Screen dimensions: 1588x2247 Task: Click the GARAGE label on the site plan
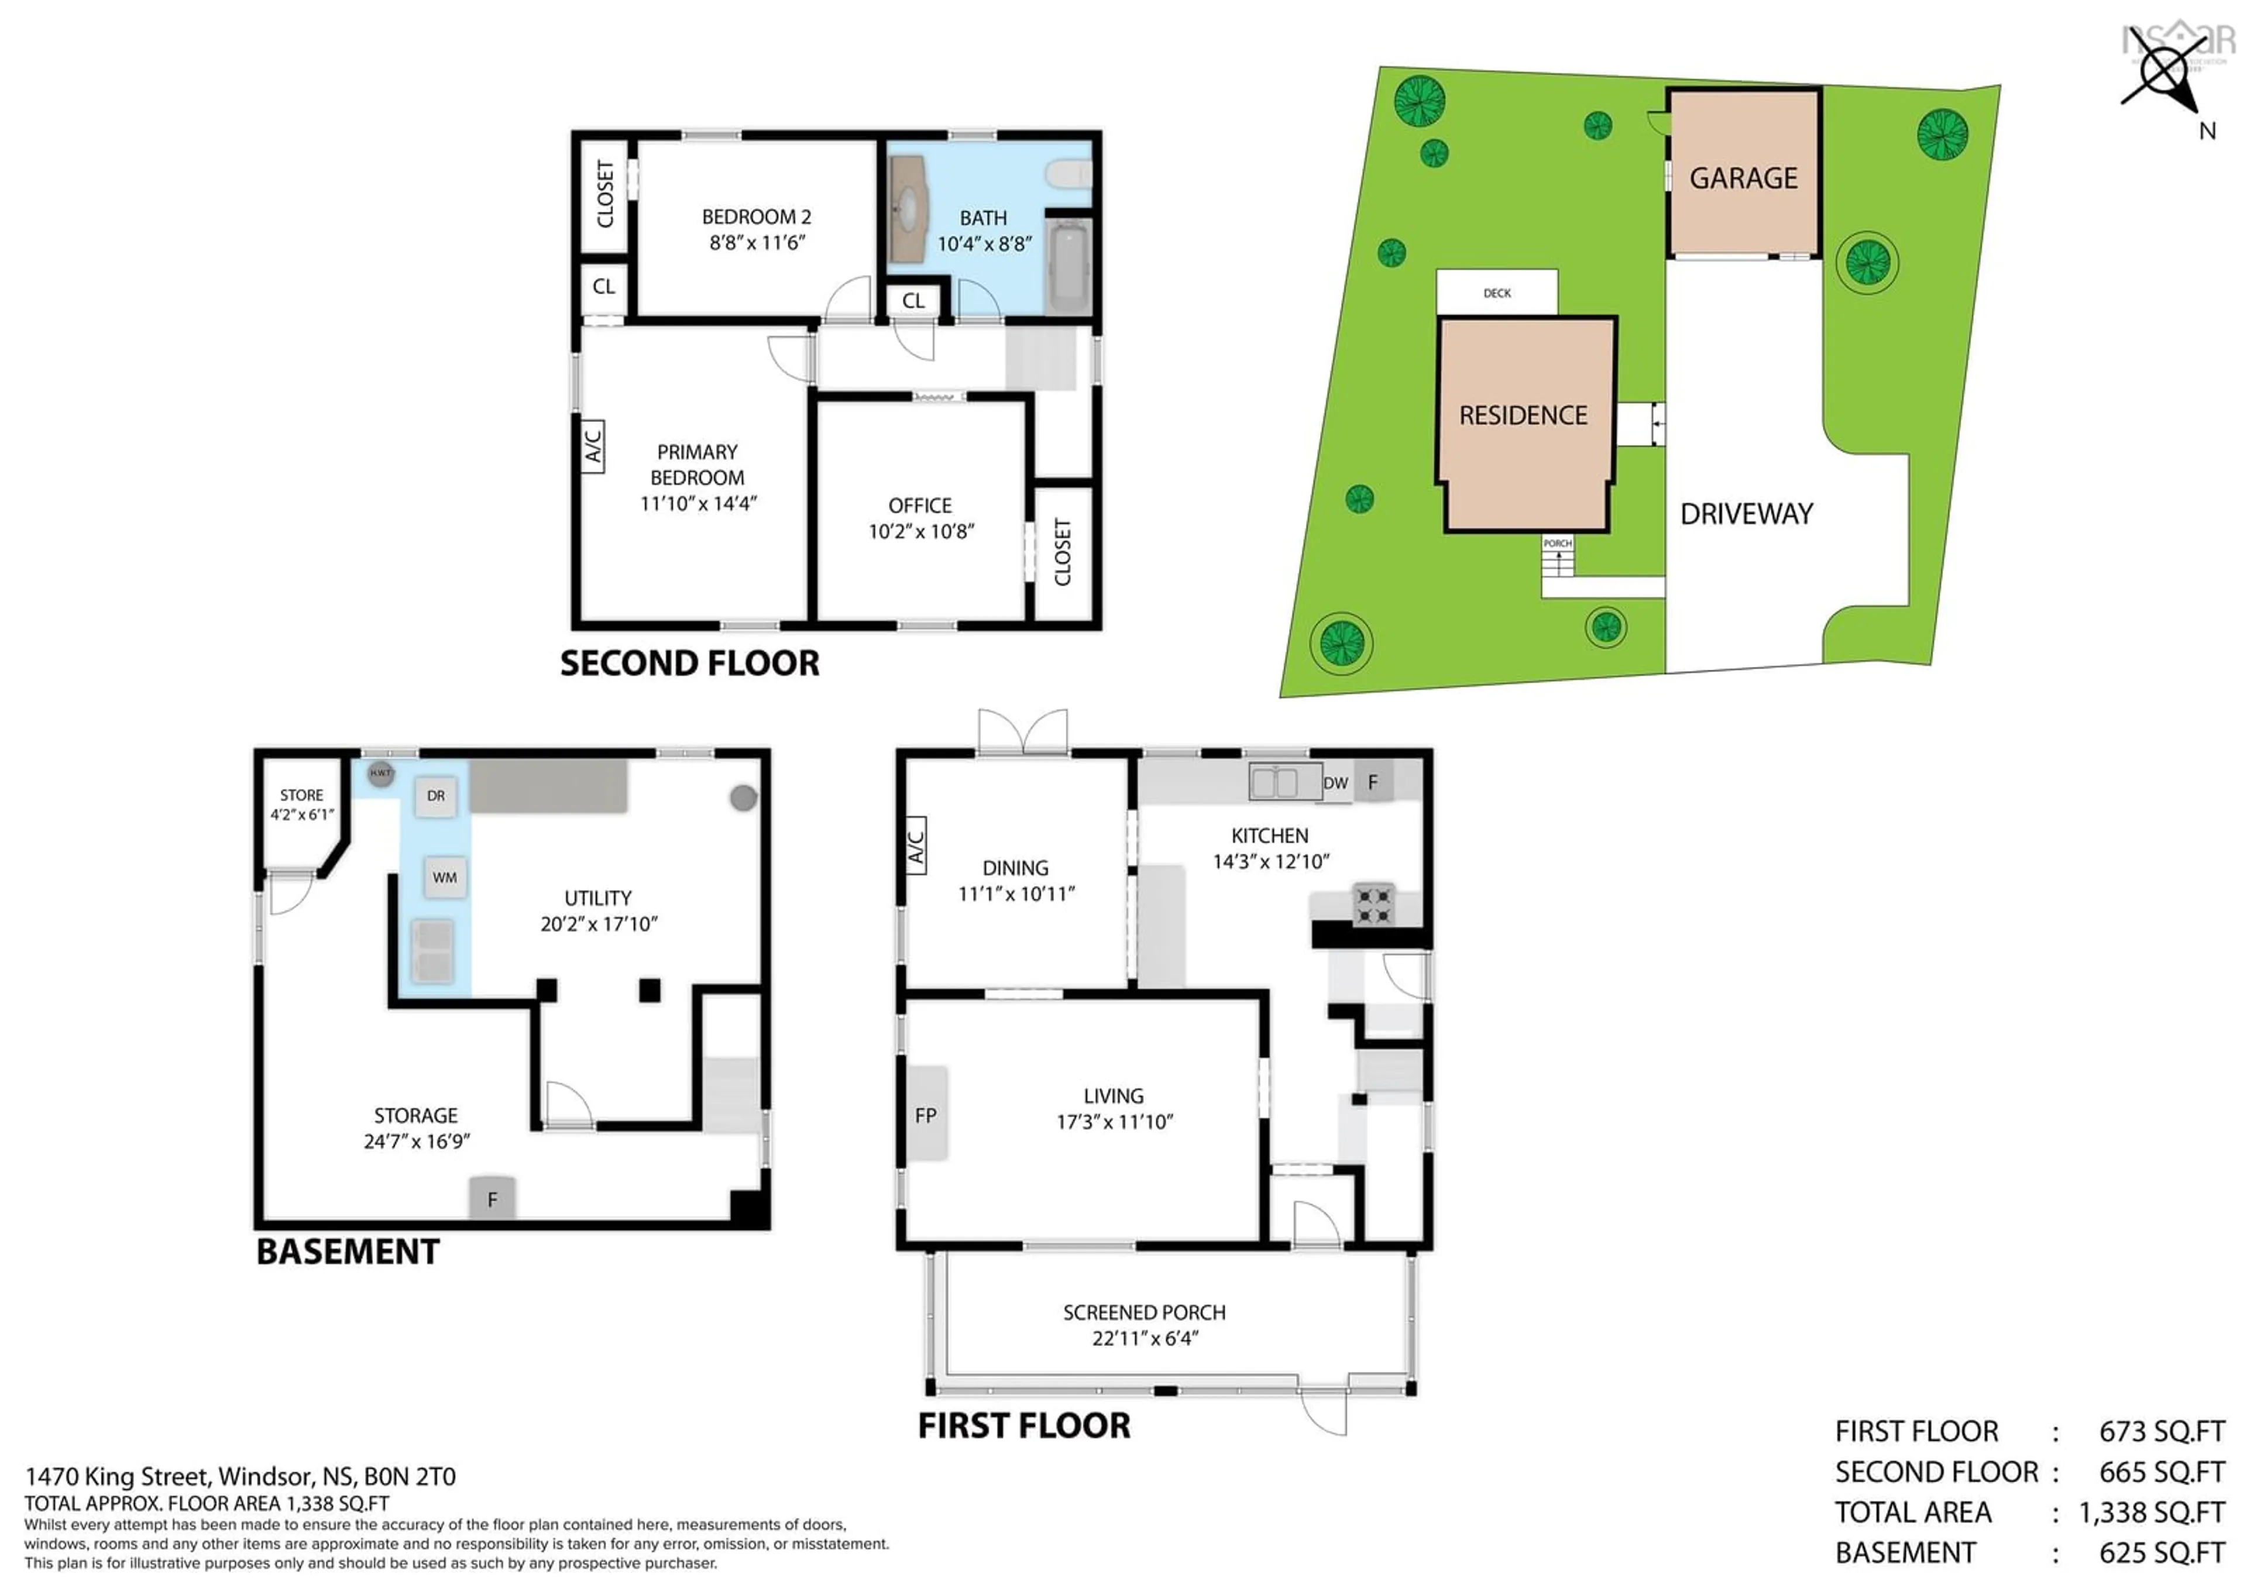1743,178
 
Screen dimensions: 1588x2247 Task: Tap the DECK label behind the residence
1496,293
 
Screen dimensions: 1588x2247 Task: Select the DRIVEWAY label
1746,514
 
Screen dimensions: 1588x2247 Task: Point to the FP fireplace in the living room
925,1115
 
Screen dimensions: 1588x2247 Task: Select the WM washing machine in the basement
444,878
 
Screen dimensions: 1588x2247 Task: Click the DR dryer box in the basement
435,796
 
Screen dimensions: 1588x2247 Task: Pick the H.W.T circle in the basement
381,773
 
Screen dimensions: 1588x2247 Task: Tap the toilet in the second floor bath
1068,175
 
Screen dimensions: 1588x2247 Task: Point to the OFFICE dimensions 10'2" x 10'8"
921,531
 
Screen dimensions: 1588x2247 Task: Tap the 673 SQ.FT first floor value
2161,1431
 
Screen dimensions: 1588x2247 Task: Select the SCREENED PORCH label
1144,1312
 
